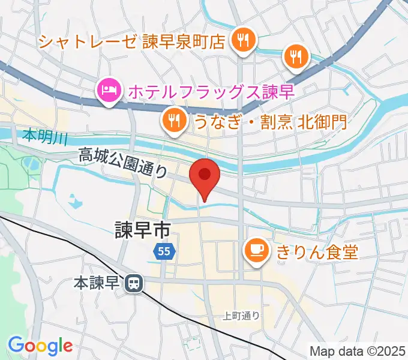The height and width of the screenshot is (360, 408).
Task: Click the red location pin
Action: click(205, 176)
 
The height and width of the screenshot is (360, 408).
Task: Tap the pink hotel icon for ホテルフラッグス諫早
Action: click(109, 91)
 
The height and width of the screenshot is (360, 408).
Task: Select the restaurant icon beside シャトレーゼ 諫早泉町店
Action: click(244, 40)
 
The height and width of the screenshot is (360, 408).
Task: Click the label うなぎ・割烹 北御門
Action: click(270, 122)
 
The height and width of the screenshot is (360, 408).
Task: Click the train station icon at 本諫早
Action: click(133, 281)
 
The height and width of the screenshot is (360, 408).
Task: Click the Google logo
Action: click(40, 346)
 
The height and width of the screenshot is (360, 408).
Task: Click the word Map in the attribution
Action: click(322, 350)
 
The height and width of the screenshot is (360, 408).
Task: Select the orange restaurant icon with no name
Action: click(296, 56)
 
